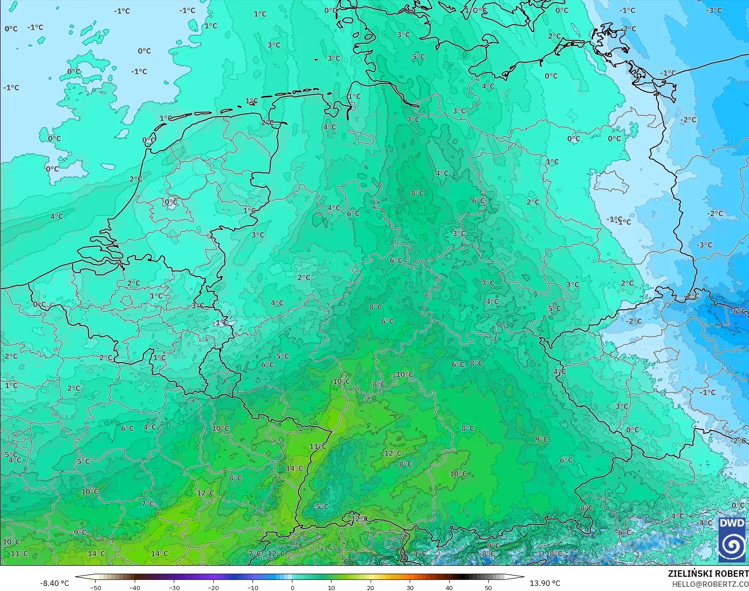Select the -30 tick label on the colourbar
(174, 587)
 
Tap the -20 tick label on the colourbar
(213, 587)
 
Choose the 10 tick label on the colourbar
(332, 587)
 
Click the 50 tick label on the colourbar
(488, 587)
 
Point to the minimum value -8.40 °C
(54, 583)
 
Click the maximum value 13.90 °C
(545, 583)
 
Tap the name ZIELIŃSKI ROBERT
(708, 574)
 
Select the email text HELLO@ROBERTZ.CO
(710, 584)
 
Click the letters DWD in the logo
(732, 523)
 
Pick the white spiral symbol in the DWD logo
(732, 545)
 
